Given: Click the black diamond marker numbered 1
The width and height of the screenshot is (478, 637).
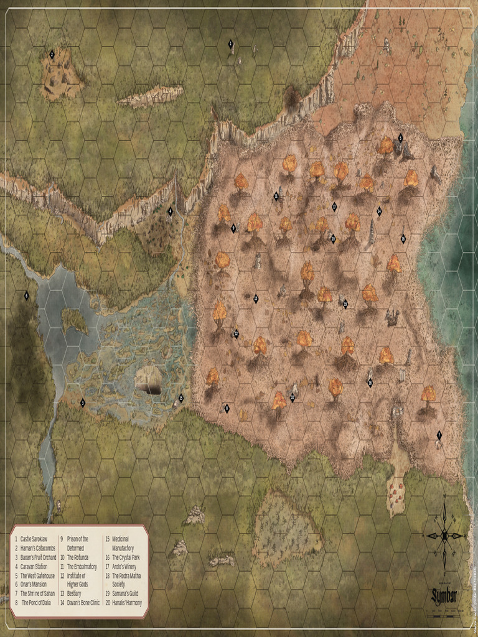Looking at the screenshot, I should [x=231, y=44].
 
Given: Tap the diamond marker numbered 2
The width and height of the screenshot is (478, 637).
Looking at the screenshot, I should [x=52, y=54].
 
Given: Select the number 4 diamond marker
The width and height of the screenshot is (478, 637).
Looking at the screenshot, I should [x=170, y=212].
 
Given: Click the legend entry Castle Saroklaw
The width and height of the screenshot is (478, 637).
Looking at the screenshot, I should [x=33, y=539].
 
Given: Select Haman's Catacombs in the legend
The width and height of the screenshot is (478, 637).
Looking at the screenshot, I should [x=38, y=548].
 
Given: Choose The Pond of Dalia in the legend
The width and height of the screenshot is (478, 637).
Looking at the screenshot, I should [x=39, y=603].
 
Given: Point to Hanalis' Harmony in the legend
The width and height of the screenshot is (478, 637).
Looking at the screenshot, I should [x=127, y=603].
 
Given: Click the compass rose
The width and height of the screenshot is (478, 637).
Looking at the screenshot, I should [x=444, y=535].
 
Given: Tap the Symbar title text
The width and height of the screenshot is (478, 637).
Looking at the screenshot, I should [x=444, y=597].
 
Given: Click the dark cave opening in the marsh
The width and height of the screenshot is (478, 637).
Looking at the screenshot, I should [x=149, y=388].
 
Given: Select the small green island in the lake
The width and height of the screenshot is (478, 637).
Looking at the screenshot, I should [x=75, y=320].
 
